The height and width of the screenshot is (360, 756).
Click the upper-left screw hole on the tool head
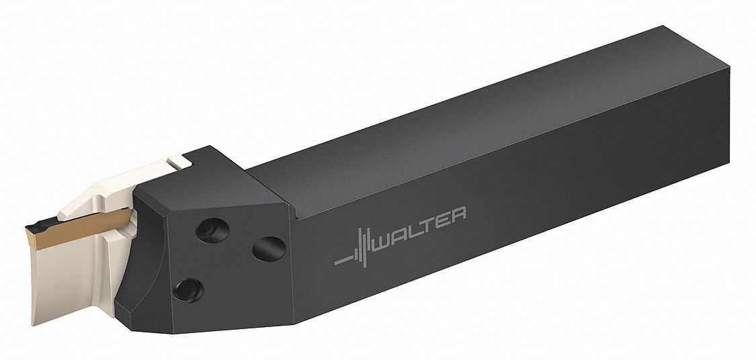(212, 230)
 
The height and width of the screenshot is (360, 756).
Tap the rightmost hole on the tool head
(269, 249)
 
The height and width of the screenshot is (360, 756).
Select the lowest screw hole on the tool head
(188, 290)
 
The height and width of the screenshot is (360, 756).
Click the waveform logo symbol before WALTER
(354, 249)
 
